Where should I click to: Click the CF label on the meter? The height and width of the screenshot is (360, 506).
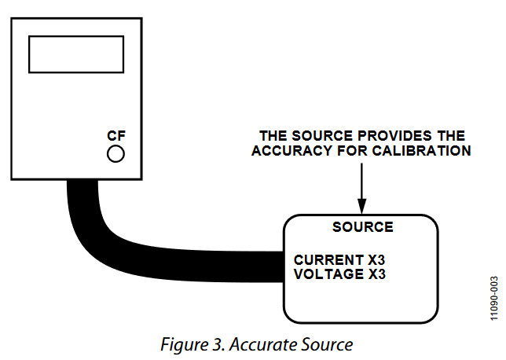116,136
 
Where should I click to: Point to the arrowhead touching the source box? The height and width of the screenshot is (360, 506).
361,206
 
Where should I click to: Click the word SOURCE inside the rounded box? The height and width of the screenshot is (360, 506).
363,227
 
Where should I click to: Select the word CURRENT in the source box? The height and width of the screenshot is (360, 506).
329,260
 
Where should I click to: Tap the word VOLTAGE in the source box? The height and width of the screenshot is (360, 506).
329,274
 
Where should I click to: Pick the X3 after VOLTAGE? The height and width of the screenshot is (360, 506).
377,274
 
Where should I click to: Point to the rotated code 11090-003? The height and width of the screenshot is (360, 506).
493,299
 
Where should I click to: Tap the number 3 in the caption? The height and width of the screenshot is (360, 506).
217,344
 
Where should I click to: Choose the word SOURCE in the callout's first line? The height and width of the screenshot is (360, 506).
322,136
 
